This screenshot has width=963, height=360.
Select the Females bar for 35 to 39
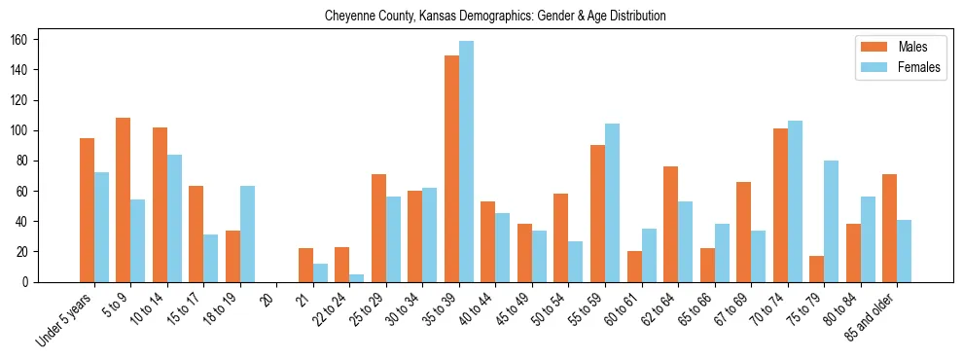click(x=466, y=162)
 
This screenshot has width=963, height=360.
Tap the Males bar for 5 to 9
click(x=124, y=200)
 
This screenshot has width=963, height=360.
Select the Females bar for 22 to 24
click(x=357, y=278)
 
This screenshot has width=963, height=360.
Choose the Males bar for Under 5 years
click(x=87, y=210)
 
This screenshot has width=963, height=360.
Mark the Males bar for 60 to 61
click(x=634, y=267)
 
